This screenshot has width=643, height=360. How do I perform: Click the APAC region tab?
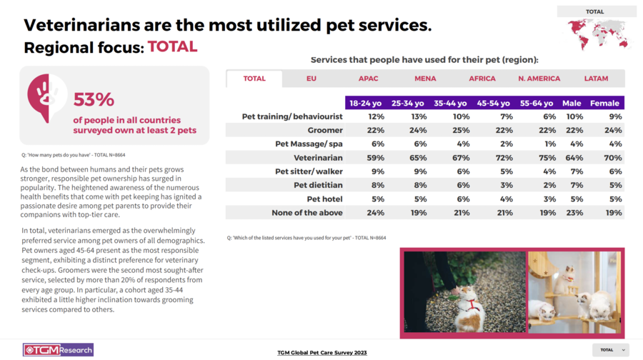click(x=369, y=79)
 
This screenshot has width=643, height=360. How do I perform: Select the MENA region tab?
click(x=425, y=79)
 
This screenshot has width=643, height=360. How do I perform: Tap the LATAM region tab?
click(x=596, y=79)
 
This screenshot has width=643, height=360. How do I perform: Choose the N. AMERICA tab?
click(x=539, y=79)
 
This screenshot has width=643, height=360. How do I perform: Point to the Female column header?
click(x=604, y=103)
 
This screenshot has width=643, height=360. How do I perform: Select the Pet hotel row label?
click(x=324, y=199)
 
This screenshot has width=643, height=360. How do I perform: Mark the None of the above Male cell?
click(x=574, y=212)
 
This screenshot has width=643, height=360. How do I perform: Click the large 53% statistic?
click(x=94, y=99)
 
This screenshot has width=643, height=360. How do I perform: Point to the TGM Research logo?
click(x=57, y=350)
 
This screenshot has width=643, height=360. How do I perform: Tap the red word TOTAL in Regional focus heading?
click(x=172, y=47)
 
